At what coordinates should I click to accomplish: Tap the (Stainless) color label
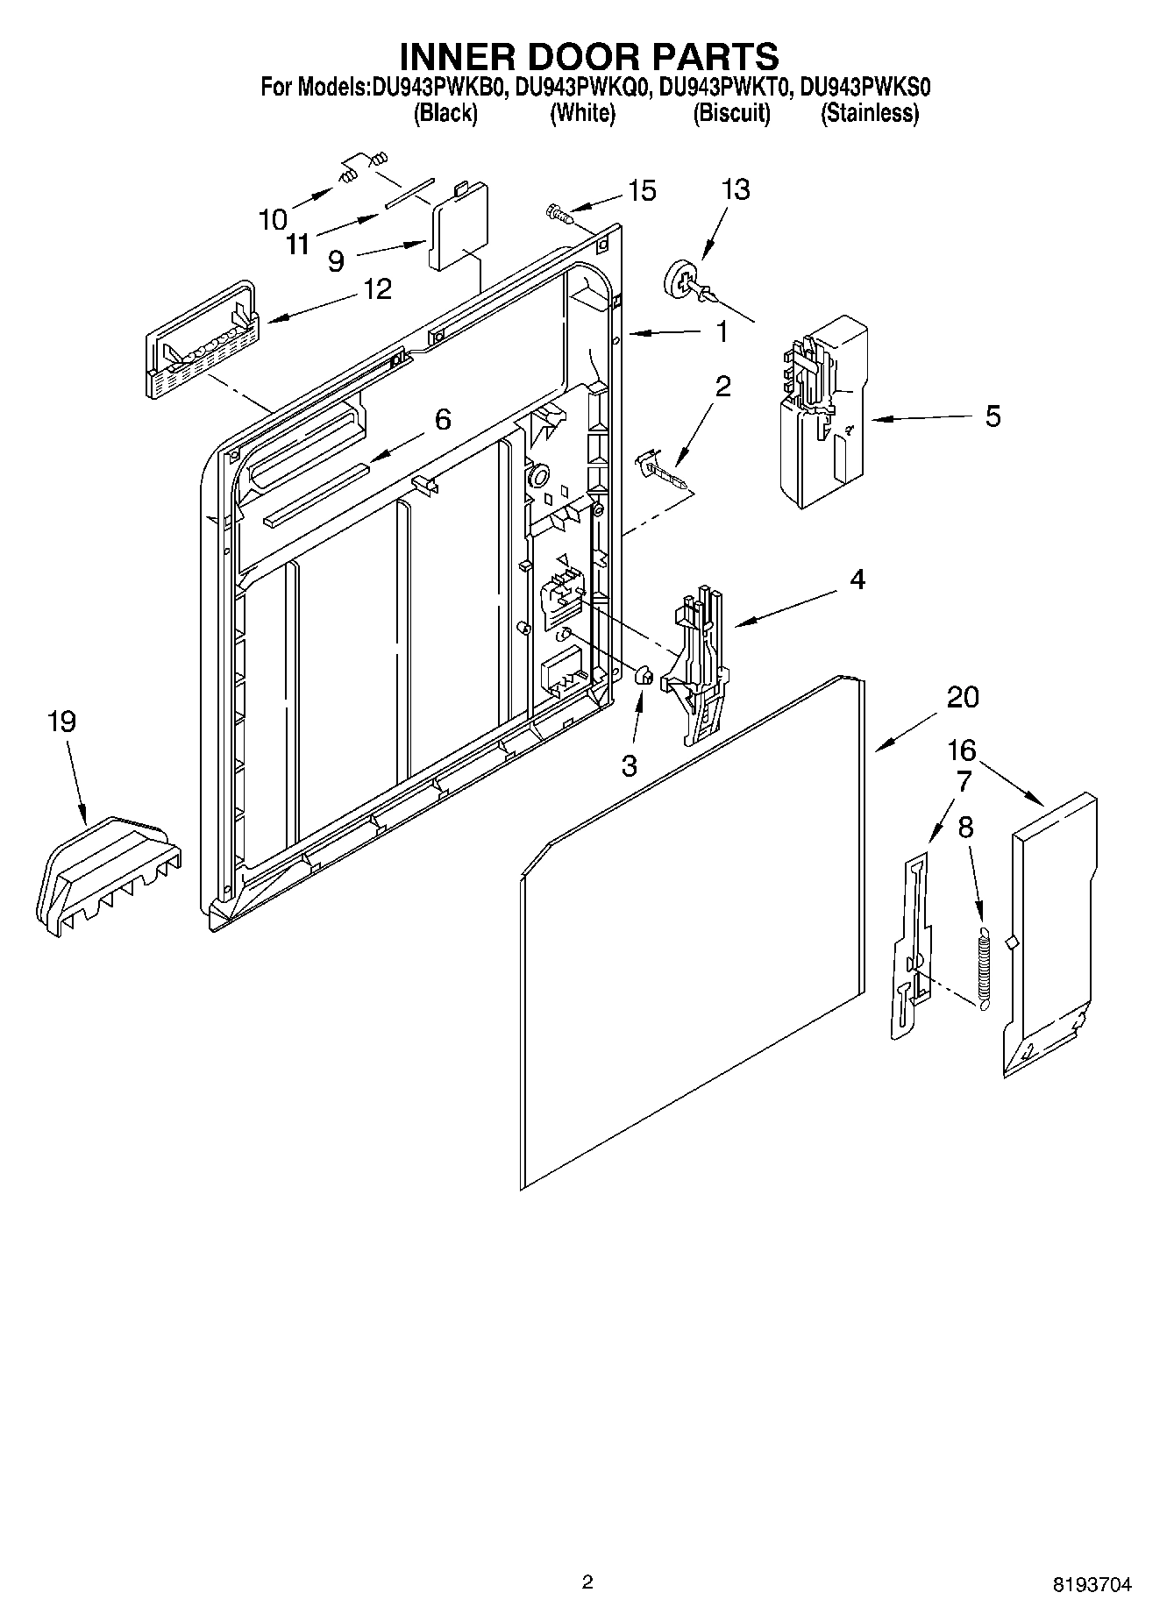pos(869,113)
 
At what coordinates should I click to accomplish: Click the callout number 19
pos(62,722)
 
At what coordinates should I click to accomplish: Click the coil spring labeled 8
pos(983,964)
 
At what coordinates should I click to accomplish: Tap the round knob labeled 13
pos(684,280)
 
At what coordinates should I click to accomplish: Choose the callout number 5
pos(992,416)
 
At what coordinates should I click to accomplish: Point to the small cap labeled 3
pos(643,675)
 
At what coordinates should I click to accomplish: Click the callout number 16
pos(962,750)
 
